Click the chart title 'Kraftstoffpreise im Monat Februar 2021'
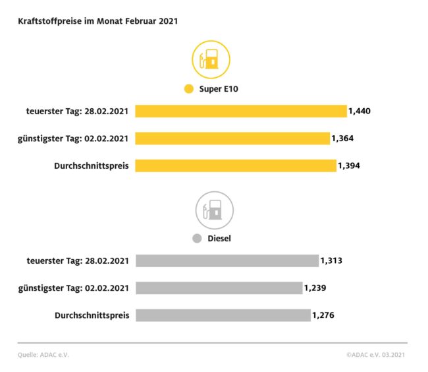tap(97, 21)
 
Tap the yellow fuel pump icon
tap(211, 60)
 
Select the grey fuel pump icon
tap(214, 210)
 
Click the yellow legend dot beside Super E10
tap(189, 89)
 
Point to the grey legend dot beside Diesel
tap(196, 239)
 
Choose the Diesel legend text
tap(220, 239)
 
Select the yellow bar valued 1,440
tap(240, 111)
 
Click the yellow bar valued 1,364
tap(232, 139)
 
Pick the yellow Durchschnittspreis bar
tap(236, 166)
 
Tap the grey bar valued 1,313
tap(227, 261)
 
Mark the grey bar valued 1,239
tap(219, 288)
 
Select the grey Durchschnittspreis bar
tap(223, 315)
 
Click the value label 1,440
tap(359, 111)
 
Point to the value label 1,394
tap(348, 166)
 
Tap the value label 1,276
tap(323, 315)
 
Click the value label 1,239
tap(315, 288)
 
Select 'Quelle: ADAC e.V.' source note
tap(43, 354)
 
